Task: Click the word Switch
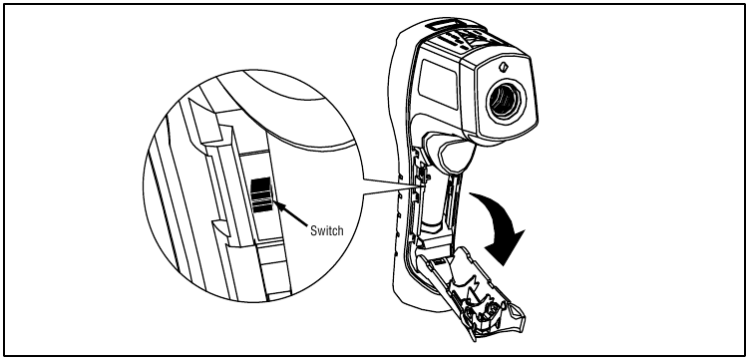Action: (x=326, y=230)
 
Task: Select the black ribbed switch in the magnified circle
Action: (x=261, y=194)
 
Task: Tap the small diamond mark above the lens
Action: (x=503, y=67)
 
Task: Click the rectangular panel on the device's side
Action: (x=438, y=84)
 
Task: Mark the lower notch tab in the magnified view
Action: (x=220, y=228)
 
